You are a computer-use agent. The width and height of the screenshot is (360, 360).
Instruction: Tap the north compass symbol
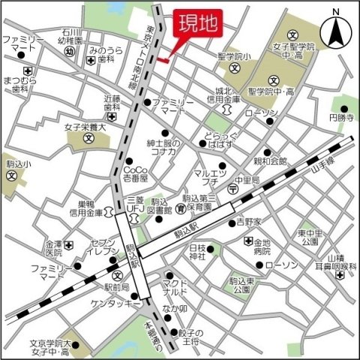(335, 31)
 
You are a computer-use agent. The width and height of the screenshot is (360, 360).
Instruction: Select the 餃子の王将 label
(184, 337)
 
